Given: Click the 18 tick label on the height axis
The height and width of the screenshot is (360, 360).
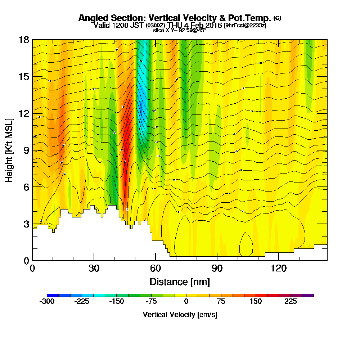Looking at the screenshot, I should pyautogui.click(x=24, y=40).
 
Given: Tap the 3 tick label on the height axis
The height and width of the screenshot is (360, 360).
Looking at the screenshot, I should pyautogui.click(x=26, y=224).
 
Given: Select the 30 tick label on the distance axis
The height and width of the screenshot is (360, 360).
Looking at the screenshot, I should pyautogui.click(x=94, y=268).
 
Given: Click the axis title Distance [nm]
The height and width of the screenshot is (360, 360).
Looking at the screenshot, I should pyautogui.click(x=180, y=281).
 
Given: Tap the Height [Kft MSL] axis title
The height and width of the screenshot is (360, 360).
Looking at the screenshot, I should pyautogui.click(x=9, y=150).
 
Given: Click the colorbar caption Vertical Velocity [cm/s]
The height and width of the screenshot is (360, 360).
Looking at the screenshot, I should pyautogui.click(x=180, y=315).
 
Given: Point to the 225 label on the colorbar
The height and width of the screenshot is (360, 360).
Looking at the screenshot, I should pyautogui.click(x=291, y=301).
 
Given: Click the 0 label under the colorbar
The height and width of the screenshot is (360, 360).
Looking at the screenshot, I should pyautogui.click(x=186, y=301).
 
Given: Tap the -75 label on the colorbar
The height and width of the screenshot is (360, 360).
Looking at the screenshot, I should pyautogui.click(x=151, y=301).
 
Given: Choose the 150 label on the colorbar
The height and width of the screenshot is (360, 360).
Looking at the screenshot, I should pyautogui.click(x=256, y=301).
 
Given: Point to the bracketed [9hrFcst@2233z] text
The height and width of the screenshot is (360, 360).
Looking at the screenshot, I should pyautogui.click(x=245, y=25).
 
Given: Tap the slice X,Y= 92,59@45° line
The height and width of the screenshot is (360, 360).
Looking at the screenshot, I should pyautogui.click(x=180, y=30).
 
